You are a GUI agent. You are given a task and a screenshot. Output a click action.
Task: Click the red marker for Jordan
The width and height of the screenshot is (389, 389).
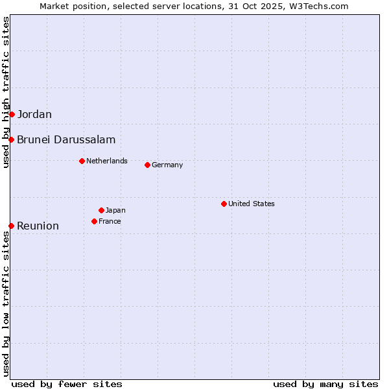tap(12, 114)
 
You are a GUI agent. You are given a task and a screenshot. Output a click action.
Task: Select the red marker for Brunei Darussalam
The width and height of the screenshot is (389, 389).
tap(11, 139)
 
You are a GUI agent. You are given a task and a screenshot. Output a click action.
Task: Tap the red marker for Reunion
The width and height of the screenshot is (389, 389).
tap(11, 226)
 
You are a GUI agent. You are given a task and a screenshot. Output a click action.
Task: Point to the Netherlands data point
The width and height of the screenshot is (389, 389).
tap(82, 161)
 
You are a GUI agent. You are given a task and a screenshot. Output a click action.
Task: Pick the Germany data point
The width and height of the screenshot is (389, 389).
tap(147, 165)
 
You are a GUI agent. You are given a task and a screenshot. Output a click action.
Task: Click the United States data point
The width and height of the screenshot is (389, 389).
tap(224, 204)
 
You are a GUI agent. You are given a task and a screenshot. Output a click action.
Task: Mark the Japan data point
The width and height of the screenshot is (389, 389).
tap(101, 210)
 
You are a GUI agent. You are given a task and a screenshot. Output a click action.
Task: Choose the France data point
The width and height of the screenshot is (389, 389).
tap(94, 221)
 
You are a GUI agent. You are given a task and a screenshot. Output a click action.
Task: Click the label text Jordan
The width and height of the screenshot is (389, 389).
tap(34, 115)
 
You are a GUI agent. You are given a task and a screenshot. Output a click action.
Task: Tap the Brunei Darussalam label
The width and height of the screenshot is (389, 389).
tap(66, 139)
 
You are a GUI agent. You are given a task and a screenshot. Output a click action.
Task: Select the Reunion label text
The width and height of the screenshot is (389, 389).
tap(38, 226)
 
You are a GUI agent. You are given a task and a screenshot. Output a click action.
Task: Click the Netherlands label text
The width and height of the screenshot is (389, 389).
tap(107, 161)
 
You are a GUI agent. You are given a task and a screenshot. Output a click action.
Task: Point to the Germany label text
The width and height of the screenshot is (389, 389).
tap(167, 165)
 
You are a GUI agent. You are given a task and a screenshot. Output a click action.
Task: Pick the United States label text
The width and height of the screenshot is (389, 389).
tap(252, 204)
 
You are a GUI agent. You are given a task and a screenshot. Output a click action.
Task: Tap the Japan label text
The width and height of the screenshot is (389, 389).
tap(115, 210)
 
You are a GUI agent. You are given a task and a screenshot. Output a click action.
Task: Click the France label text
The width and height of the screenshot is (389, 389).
tap(110, 221)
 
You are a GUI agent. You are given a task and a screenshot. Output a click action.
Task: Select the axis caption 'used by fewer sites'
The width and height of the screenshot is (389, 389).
tap(67, 384)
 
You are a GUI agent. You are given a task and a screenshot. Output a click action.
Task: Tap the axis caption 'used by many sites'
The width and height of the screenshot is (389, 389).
tap(325, 384)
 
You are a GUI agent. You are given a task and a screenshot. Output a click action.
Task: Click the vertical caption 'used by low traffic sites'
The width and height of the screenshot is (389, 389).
tap(6, 303)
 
